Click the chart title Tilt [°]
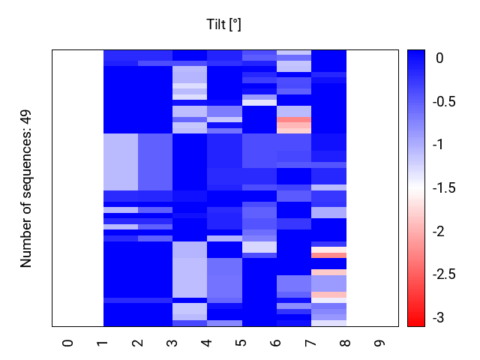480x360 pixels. click(x=223, y=25)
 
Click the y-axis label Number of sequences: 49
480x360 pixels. click(x=25, y=188)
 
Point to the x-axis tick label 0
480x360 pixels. click(x=67, y=343)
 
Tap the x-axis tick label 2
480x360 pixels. click(x=137, y=343)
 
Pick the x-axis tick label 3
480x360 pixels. click(x=172, y=343)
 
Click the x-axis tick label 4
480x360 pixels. click(x=207, y=343)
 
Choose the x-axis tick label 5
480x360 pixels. click(x=241, y=343)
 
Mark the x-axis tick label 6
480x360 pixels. click(x=276, y=343)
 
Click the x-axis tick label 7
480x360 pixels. click(x=310, y=343)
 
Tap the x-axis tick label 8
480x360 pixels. click(x=345, y=343)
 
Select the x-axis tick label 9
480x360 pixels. click(x=380, y=343)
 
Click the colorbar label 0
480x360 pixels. click(x=439, y=58)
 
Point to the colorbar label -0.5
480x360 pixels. click(x=444, y=101)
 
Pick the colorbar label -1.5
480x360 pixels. click(x=444, y=187)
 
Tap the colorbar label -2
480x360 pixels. click(x=438, y=231)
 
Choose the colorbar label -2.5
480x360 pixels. click(x=444, y=274)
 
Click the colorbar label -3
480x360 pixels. click(x=438, y=317)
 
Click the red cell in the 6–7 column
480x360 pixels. click(x=294, y=120)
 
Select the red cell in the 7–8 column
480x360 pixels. click(x=328, y=255)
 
